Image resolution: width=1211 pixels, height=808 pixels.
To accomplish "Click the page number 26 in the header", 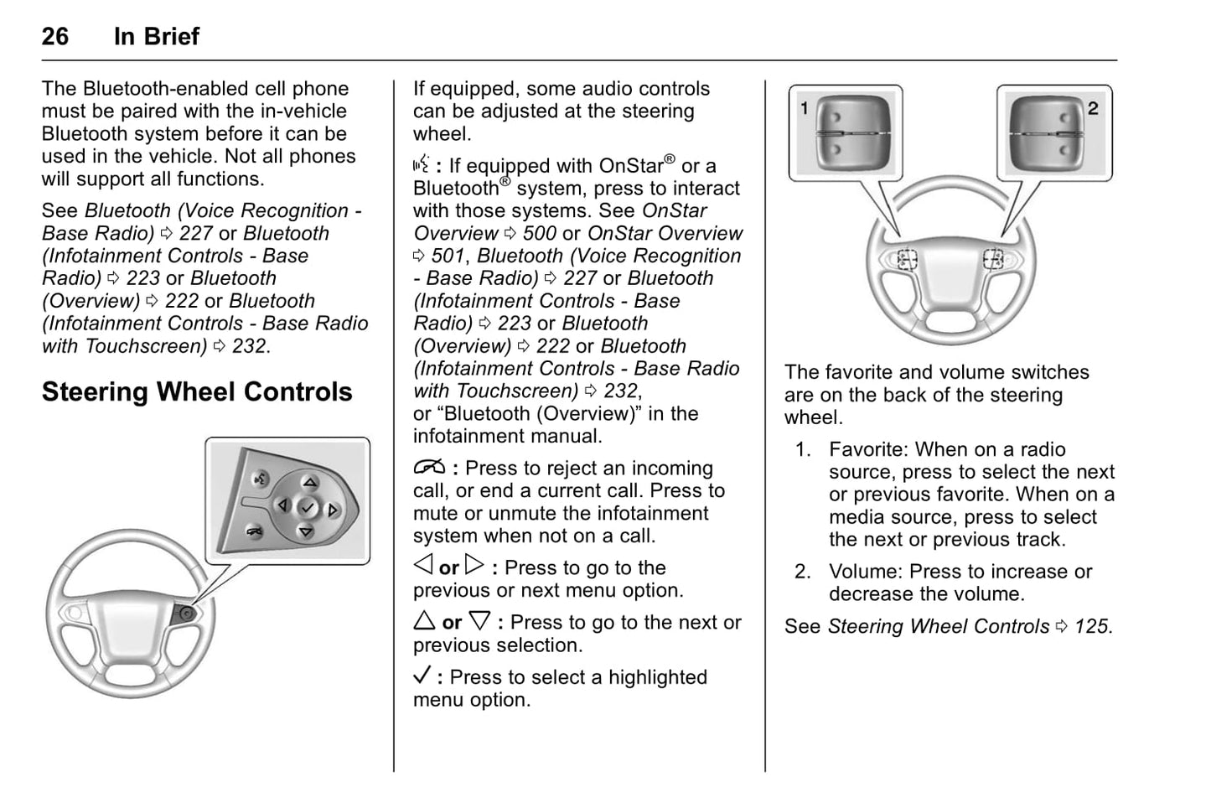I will tap(55, 36).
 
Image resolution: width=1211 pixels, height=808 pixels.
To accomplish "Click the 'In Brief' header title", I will tap(157, 36).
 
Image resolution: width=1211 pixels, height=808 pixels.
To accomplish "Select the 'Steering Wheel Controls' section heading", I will tap(197, 392).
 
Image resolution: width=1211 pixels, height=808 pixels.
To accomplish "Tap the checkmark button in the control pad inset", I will tap(308, 508).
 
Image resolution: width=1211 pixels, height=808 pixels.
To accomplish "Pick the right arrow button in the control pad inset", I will tap(334, 510).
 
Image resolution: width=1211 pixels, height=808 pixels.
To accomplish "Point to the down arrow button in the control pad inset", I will tap(306, 532).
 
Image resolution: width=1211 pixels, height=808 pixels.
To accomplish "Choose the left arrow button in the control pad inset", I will tap(283, 505).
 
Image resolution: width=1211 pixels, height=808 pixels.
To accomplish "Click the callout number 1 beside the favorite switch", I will tap(805, 108).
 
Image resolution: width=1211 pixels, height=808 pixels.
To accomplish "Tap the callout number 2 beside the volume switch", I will tap(1093, 108).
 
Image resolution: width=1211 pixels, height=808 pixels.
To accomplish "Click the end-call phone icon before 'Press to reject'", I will tap(428, 469).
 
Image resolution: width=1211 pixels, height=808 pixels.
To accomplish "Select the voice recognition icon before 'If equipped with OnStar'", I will tap(422, 165).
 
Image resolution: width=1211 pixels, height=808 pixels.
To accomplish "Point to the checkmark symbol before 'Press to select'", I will tap(423, 676).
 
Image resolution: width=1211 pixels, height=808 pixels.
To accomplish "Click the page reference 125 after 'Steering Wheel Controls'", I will tap(1092, 627).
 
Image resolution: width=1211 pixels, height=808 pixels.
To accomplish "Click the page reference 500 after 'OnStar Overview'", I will tap(540, 234).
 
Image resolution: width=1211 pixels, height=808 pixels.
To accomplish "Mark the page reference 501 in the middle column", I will tap(448, 256).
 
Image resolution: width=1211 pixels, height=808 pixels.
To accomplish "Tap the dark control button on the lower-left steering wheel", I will tap(186, 614).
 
